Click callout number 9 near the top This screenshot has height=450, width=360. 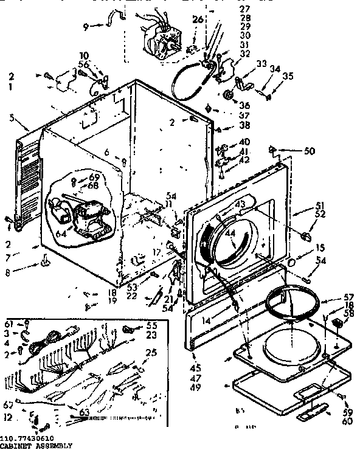[x=85, y=26]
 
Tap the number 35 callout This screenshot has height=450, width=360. [x=288, y=77]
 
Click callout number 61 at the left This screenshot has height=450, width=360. [x=9, y=324]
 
